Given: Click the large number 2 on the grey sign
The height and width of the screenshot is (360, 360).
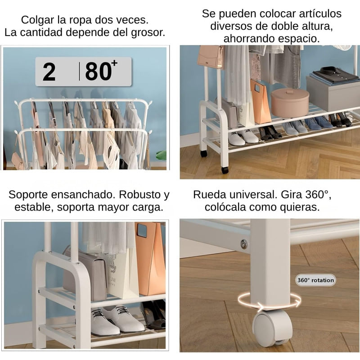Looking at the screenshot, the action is point(49,72).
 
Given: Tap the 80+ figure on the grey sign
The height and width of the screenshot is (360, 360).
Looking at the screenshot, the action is point(101,71).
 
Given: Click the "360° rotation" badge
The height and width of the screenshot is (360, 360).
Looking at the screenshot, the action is point(315,280).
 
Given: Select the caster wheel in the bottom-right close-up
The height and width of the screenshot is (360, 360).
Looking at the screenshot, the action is point(272,328).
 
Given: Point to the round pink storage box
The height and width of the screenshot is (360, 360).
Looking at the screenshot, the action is point(290,102).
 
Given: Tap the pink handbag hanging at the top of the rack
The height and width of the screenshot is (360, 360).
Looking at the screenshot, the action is point(211,57).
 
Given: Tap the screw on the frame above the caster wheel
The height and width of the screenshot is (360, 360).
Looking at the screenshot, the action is point(244,243).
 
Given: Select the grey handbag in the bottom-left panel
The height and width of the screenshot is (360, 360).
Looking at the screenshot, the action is point(85,273).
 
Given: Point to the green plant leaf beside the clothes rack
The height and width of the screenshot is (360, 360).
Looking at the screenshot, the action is point(161,155).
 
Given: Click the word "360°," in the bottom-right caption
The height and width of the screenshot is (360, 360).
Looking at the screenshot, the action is point(318,195).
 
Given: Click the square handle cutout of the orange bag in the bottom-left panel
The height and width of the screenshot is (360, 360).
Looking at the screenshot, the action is point(142,230).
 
